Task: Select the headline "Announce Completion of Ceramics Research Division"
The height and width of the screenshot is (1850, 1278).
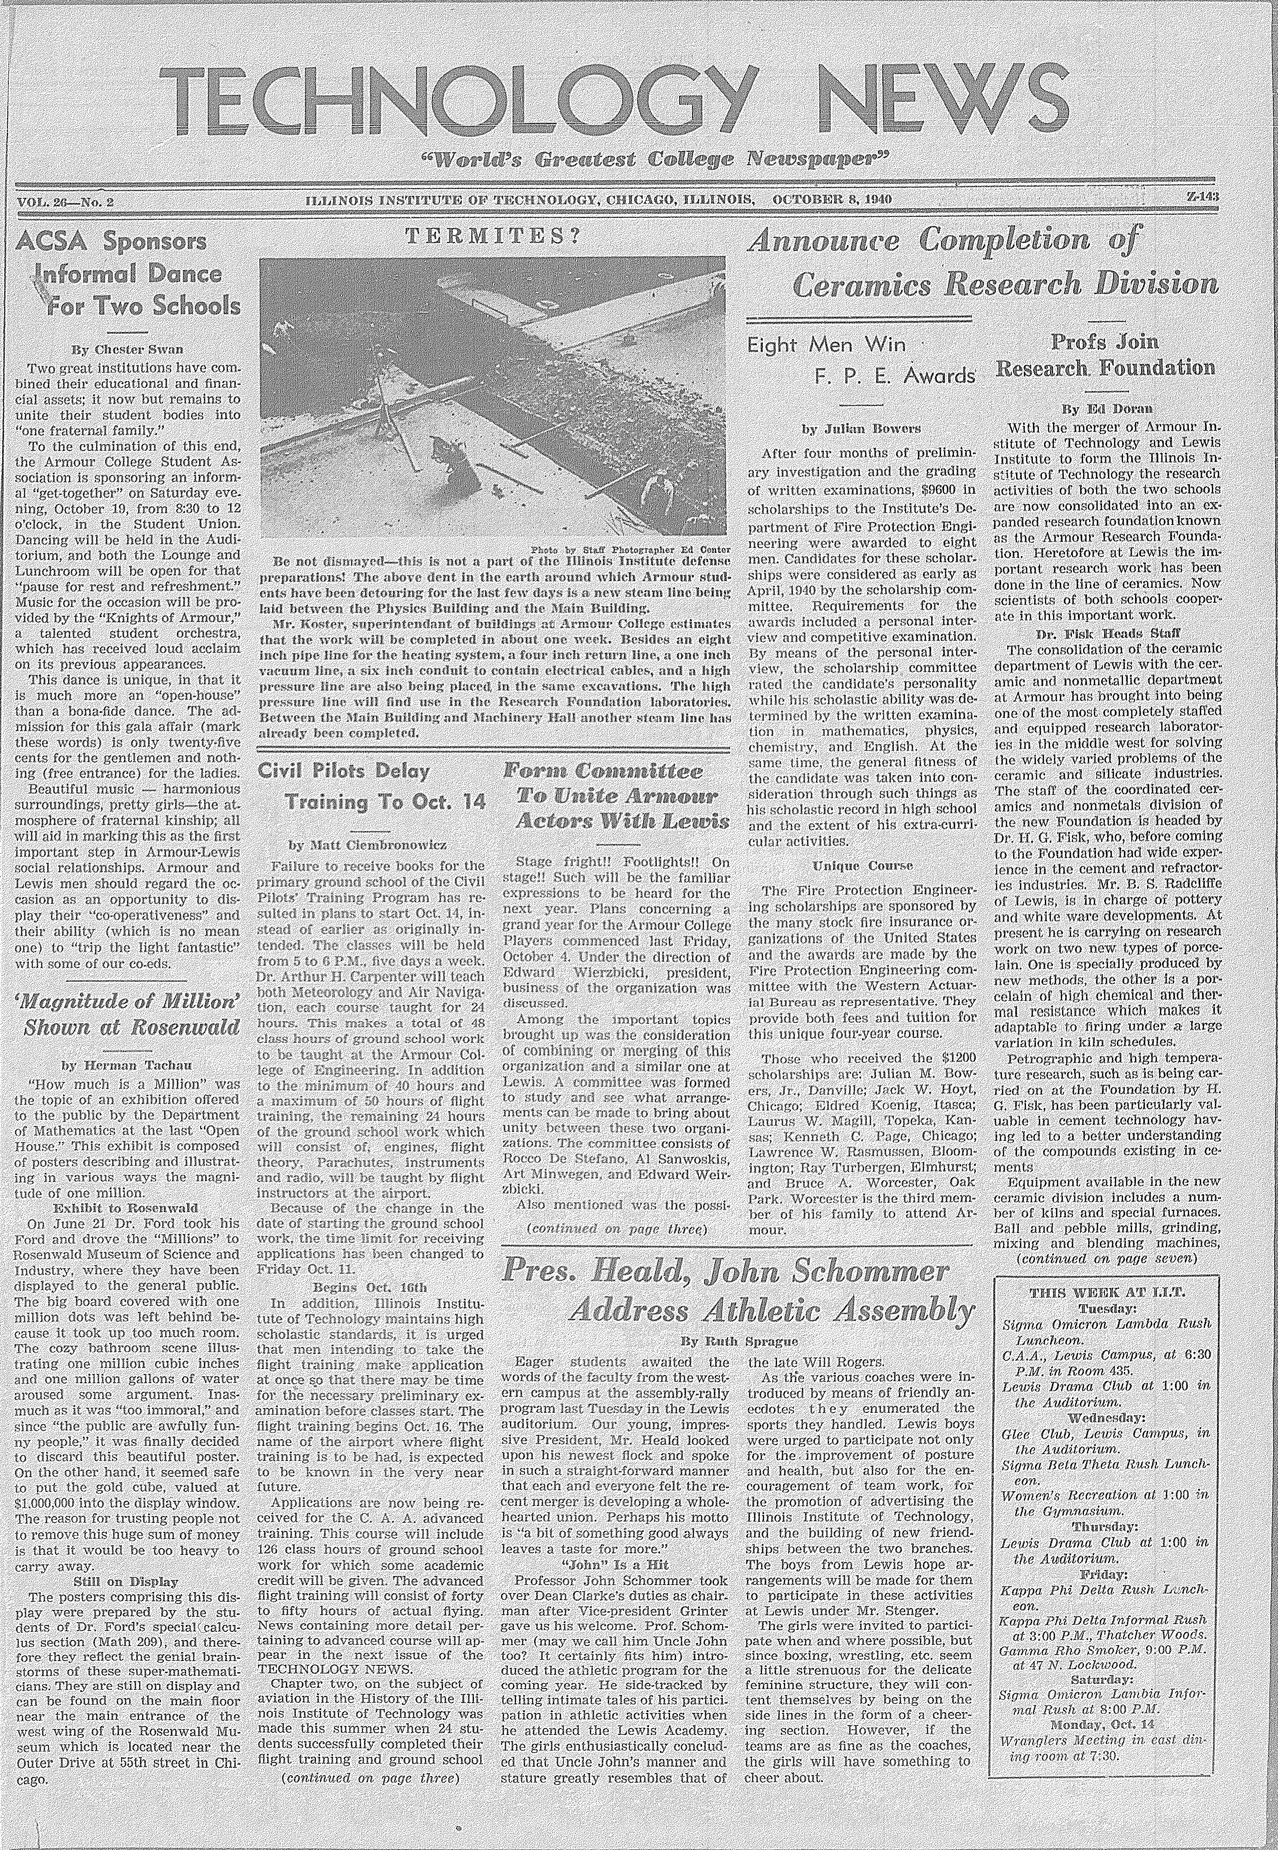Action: tap(981, 261)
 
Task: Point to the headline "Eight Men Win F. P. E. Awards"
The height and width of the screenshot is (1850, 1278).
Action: tap(861, 359)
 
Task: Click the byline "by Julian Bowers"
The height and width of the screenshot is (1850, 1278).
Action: tap(861, 429)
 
